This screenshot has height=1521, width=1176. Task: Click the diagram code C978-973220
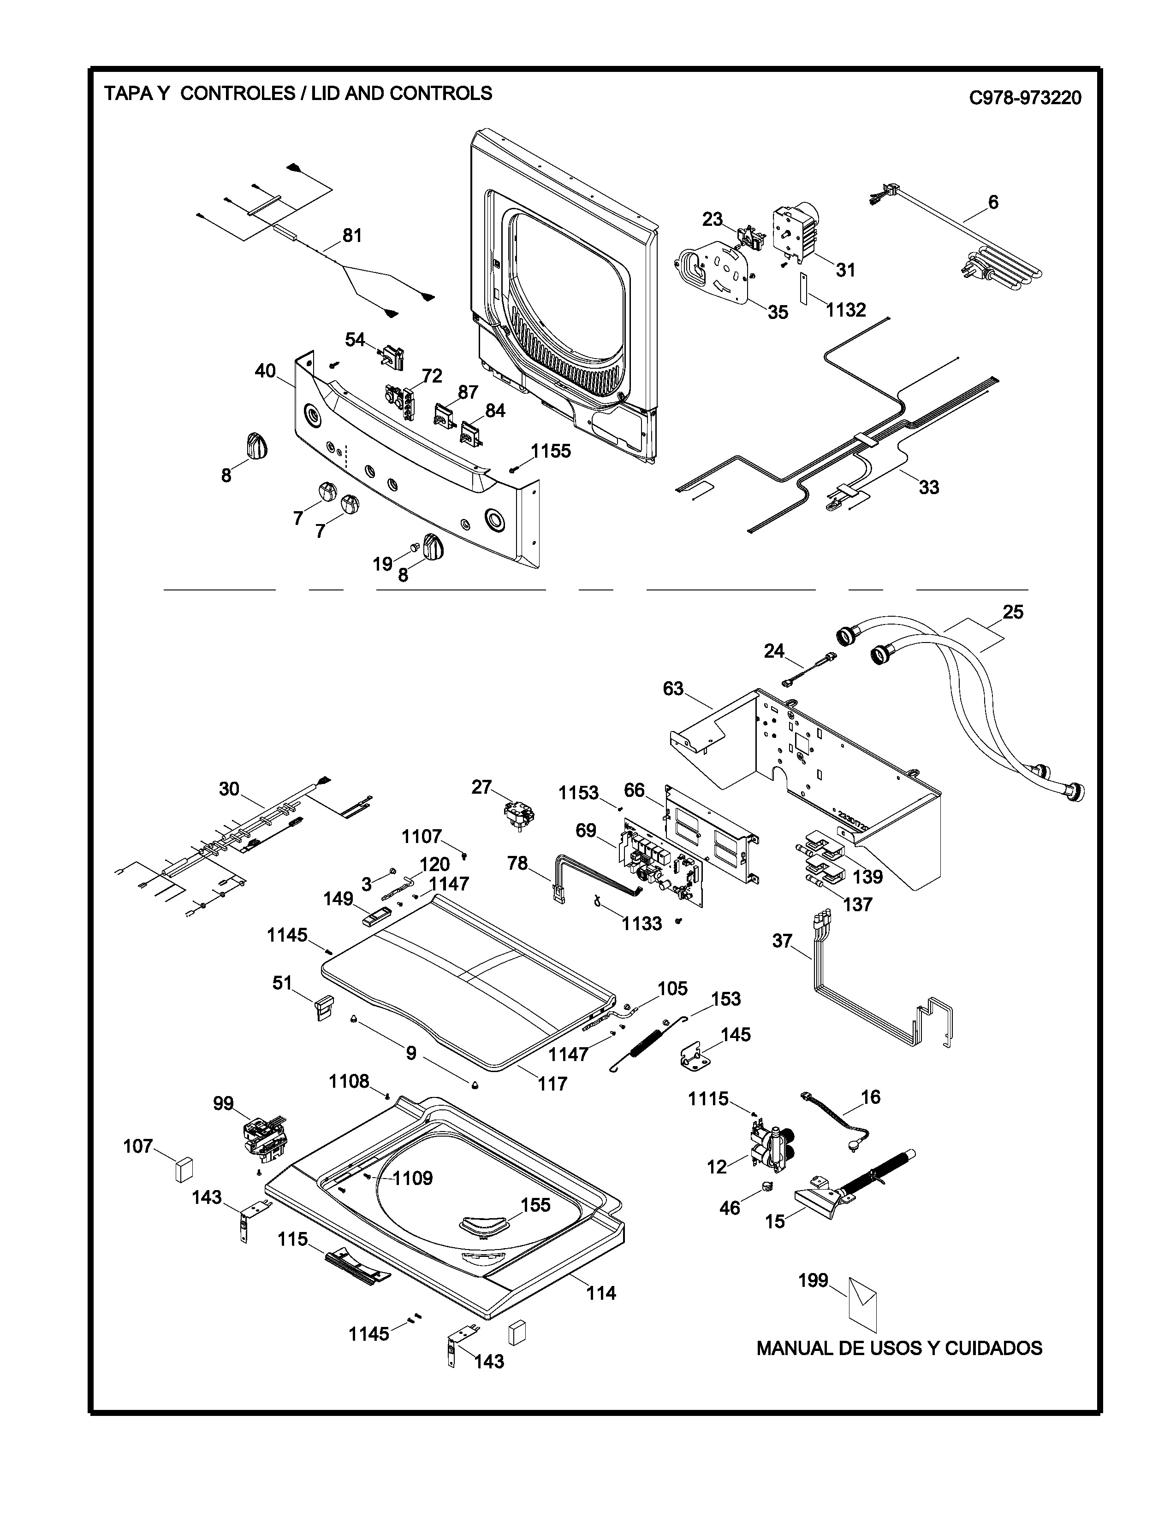pyautogui.click(x=1025, y=98)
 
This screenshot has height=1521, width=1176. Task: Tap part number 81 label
pyautogui.click(x=352, y=236)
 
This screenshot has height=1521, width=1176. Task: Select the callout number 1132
pyautogui.click(x=846, y=310)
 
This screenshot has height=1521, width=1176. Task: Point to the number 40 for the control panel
pyautogui.click(x=265, y=371)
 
